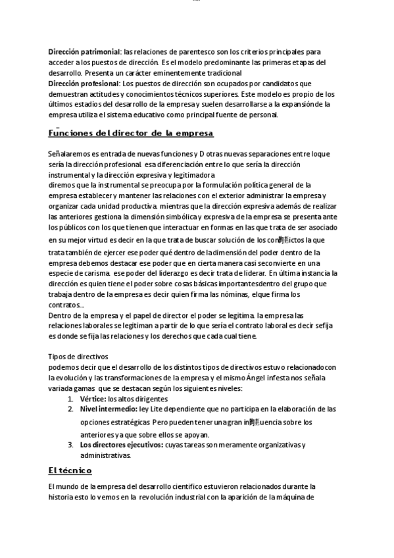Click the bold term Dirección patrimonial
(84, 51)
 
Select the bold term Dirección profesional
(83, 84)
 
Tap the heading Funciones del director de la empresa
(131, 134)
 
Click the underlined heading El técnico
(70, 470)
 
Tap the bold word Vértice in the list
(92, 399)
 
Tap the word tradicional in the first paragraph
(220, 72)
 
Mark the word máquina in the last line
(301, 497)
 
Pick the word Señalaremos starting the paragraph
(72, 154)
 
